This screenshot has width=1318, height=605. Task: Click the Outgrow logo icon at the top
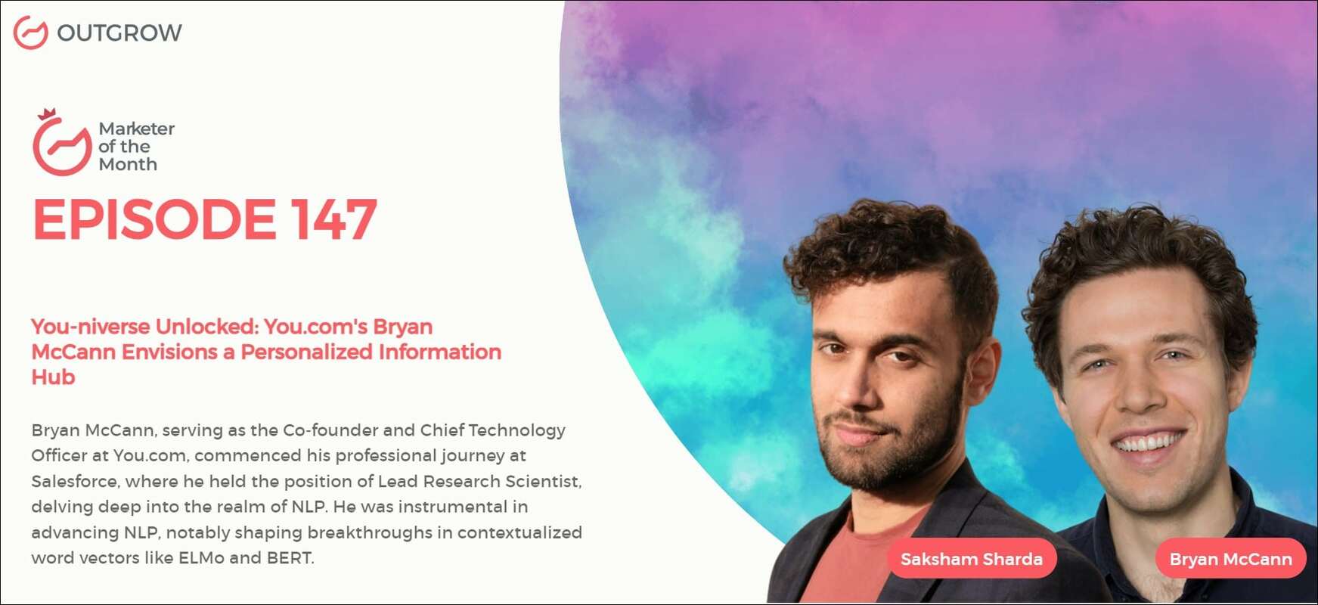[31, 33]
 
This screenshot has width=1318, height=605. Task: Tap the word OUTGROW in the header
[119, 33]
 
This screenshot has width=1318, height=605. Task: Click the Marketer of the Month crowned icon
[61, 144]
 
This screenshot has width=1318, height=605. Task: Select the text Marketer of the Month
[136, 147]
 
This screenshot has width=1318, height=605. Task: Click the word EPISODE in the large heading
[154, 220]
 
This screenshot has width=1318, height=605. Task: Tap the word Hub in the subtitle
[53, 377]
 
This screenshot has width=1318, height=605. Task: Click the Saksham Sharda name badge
[971, 559]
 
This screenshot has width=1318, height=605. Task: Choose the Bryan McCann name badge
[1230, 559]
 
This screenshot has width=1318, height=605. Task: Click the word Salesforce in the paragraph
[75, 481]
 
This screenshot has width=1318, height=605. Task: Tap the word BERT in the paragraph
[289, 558]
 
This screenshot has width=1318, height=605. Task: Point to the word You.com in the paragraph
[150, 456]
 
